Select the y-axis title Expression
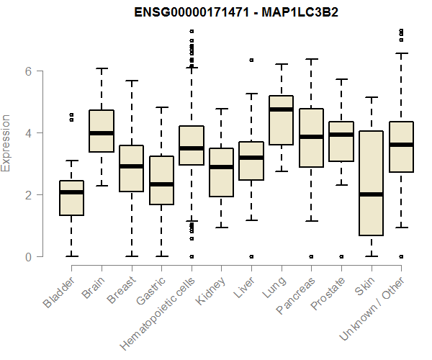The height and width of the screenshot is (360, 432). click(7, 143)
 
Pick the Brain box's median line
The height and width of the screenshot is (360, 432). click(102, 133)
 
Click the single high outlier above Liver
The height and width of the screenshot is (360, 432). click(251, 60)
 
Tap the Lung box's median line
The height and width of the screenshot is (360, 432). click(281, 109)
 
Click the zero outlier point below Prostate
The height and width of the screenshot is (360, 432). click(341, 256)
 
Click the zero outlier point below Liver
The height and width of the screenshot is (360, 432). click(251, 256)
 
